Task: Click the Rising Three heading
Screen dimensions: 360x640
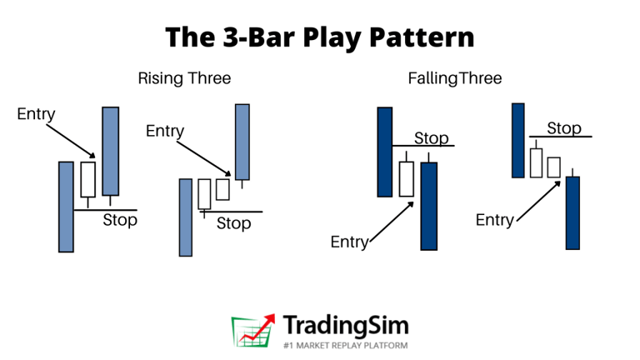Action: coord(184,79)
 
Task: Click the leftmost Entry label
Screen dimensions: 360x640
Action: coord(36,114)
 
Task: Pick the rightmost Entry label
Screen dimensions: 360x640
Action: coord(495,220)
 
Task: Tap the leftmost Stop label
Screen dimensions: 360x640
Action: coord(120,221)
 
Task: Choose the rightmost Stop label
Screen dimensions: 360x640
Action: coord(564,128)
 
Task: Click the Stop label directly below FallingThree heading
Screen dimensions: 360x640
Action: coord(432,138)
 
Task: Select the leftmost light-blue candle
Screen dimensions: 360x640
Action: coord(66,206)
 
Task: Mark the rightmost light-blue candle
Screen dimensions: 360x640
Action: coord(242,141)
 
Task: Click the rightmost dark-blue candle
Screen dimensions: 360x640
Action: coord(572,212)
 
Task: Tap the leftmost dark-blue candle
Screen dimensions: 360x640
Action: coord(384,152)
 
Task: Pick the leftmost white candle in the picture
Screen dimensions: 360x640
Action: coord(87,179)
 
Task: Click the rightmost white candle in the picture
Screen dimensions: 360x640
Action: coord(554,167)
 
